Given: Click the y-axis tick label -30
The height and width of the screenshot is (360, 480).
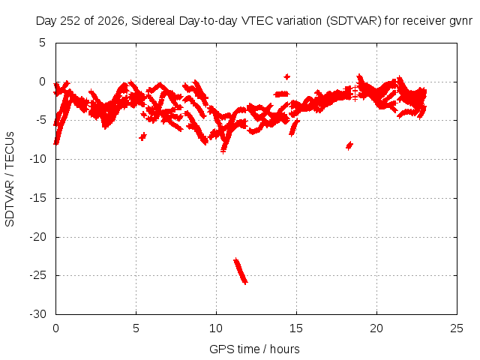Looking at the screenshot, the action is (x=37, y=314).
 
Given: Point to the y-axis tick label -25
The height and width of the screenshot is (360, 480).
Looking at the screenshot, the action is (x=37, y=275).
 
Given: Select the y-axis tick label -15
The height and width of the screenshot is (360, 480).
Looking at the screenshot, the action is (x=37, y=198).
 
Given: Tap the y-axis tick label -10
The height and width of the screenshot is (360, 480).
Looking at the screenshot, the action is (x=37, y=159).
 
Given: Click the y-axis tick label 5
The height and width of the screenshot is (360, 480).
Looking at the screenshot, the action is (x=42, y=43).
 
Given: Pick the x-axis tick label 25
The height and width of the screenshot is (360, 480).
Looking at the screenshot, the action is (x=457, y=328).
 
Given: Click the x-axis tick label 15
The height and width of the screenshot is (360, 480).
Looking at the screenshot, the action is (x=296, y=328).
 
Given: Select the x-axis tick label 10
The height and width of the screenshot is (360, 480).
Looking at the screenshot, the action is (x=216, y=328).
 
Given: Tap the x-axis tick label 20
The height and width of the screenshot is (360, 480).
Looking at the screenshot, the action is (x=376, y=328).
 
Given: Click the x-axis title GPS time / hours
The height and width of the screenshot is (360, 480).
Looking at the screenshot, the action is (x=254, y=349).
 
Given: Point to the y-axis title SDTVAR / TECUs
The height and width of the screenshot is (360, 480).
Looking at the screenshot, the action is (x=10, y=179).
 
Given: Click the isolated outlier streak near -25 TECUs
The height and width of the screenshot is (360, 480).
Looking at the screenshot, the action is (x=241, y=271).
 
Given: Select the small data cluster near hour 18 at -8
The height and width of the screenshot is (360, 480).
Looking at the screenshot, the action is (x=349, y=145).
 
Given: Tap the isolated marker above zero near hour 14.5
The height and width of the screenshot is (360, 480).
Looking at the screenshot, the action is (x=286, y=76).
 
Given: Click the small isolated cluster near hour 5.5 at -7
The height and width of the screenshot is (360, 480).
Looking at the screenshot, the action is (x=142, y=136).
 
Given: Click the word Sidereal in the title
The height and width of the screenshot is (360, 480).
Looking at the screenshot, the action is (x=153, y=21).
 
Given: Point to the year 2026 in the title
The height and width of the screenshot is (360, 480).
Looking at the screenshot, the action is (x=110, y=21).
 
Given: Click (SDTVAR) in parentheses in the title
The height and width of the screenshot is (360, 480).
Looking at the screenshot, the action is (x=354, y=21).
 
